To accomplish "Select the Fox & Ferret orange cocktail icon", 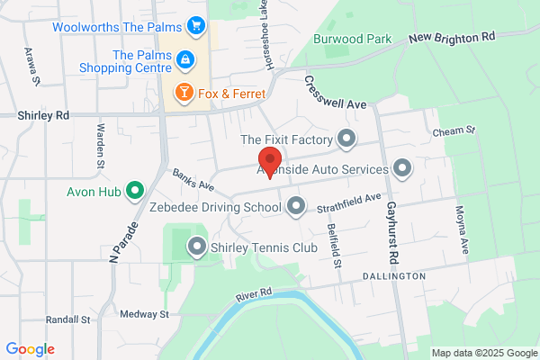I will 184,92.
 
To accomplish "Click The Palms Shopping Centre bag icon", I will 184,59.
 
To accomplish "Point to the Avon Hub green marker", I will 135,190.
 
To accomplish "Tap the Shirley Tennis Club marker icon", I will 196,246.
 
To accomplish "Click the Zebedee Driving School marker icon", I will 296,208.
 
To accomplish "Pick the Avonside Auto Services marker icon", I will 402,167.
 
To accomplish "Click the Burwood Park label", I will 353,40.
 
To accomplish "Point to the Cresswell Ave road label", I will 335,93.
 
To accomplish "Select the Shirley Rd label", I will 43,115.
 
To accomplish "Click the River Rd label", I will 254,293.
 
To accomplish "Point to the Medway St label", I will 145,314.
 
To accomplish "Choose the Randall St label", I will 68,319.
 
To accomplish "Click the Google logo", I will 30,349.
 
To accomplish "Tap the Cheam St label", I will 453,131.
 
